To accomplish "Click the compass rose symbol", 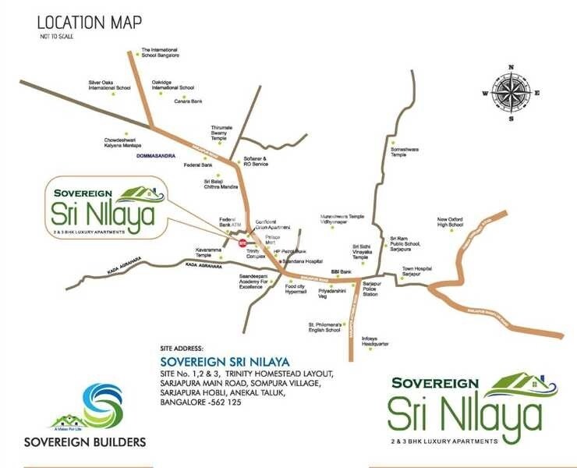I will point(512,92).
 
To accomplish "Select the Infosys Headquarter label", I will point(375,340).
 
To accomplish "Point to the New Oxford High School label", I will point(450,222).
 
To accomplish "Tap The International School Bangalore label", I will point(161,52).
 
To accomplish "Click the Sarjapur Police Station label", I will point(370,290).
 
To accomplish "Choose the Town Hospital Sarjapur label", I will point(417,272).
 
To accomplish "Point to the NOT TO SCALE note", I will point(57,37).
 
